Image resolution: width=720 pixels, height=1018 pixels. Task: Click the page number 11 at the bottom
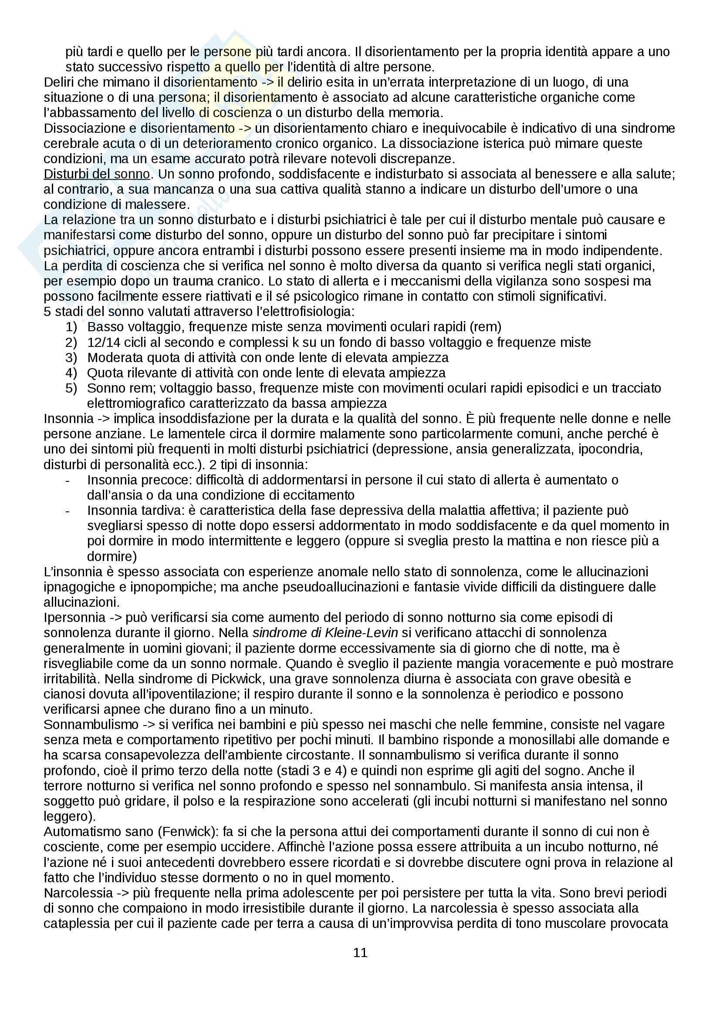coord(360,952)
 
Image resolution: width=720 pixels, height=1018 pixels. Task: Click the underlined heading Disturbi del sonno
coord(97,174)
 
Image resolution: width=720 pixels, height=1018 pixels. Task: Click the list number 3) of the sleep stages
coord(71,357)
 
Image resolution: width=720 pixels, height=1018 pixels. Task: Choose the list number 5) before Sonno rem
coord(71,388)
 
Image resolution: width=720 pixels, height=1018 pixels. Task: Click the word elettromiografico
coord(137,403)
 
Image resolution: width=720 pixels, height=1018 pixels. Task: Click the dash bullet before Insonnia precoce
coord(68,480)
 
